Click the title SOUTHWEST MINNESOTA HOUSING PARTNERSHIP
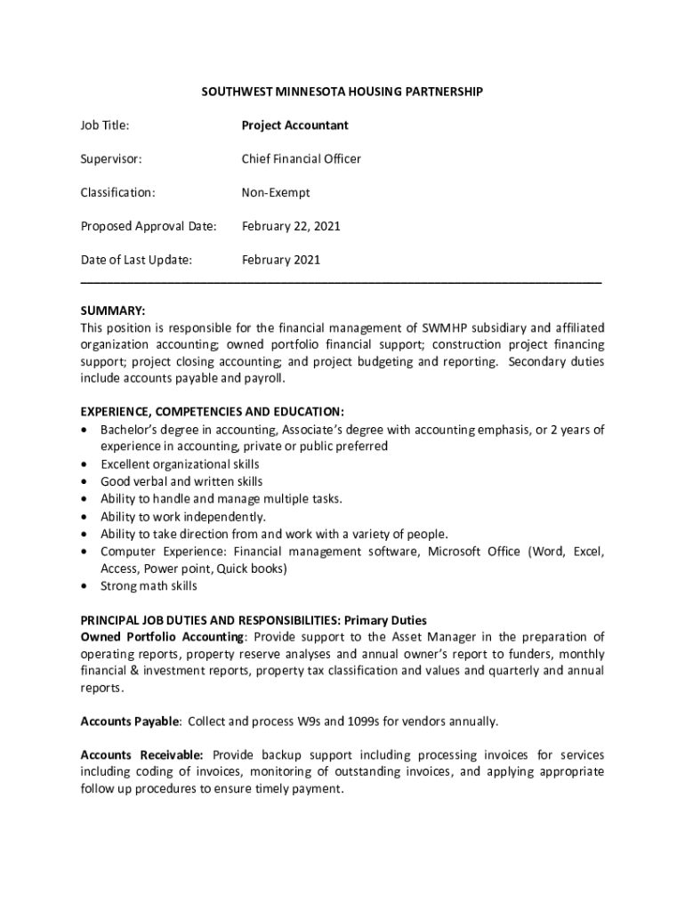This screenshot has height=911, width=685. pos(342,92)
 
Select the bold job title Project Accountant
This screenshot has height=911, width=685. pos(294,125)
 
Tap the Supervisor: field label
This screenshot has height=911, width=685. pos(111,159)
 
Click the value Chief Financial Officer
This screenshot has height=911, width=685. pos(301,159)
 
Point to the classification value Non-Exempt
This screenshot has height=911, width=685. pos(276,192)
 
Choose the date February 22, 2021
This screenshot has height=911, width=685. pos(291,226)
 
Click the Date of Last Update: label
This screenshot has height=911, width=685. pos(136,260)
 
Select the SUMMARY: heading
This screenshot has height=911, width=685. pos(113,310)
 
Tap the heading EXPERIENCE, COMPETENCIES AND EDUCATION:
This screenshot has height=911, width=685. pos(212,412)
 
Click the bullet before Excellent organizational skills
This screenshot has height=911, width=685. pos(85,464)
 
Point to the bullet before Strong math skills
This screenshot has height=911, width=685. pos(85,586)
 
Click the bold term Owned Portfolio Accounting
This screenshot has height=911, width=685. pos(161,637)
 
